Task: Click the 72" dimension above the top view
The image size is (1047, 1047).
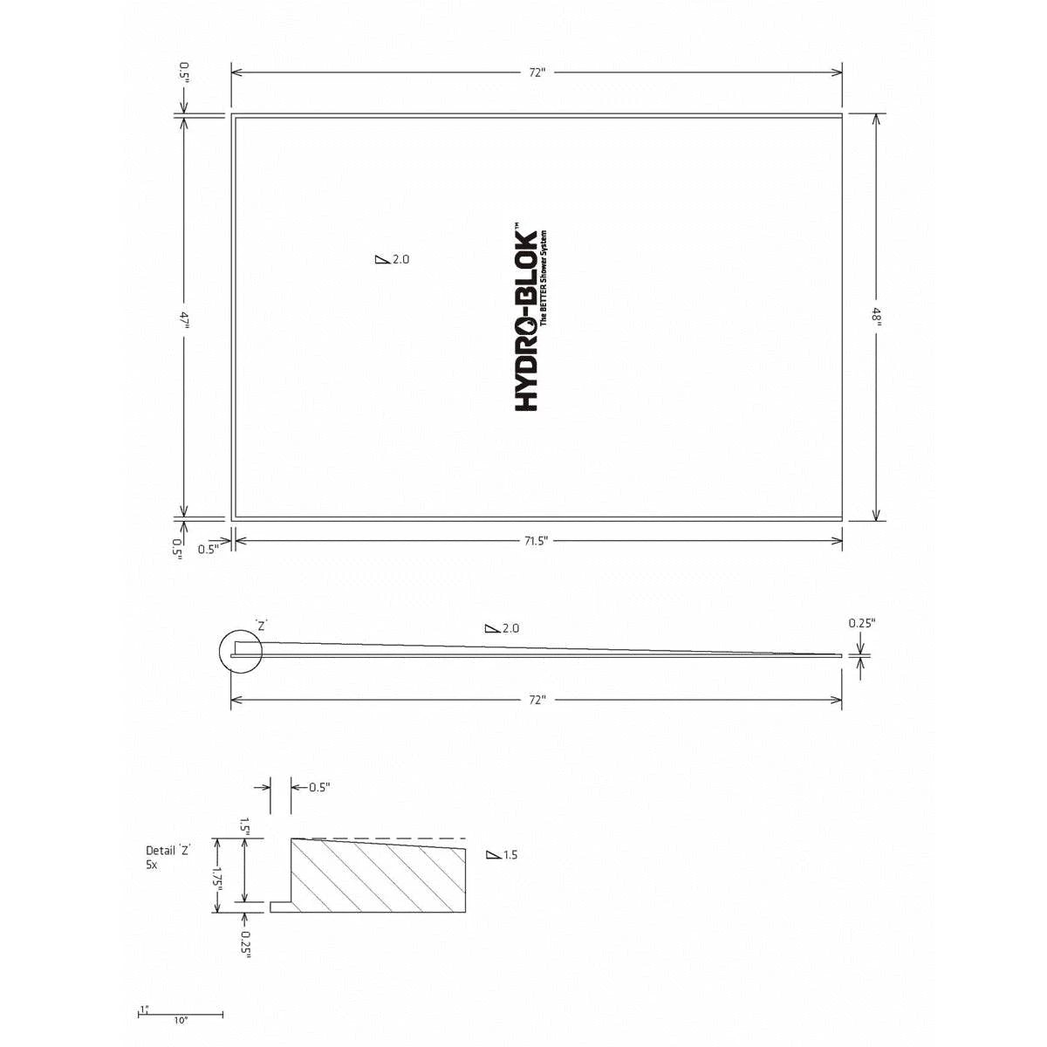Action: tap(537, 73)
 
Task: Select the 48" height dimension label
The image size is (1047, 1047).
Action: tap(877, 317)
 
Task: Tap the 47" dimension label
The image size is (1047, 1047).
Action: tap(184, 319)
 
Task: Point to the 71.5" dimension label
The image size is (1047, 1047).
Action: tap(536, 542)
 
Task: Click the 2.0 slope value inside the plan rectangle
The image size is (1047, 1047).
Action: tap(400, 259)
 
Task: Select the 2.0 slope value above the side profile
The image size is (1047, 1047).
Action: tap(511, 628)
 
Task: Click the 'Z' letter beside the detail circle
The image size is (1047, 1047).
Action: tap(261, 625)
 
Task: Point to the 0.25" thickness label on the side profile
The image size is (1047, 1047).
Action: tap(862, 623)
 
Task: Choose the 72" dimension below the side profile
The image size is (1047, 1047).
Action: tap(536, 700)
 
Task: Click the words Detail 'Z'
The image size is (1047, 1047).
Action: tap(168, 850)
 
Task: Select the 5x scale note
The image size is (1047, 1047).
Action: tap(152, 864)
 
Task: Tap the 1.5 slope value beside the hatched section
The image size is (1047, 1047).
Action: tap(510, 855)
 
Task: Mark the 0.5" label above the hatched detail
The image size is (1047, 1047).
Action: tap(319, 787)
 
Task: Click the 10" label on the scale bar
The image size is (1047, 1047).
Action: tap(181, 1020)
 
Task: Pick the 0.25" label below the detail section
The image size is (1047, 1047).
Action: tap(246, 938)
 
